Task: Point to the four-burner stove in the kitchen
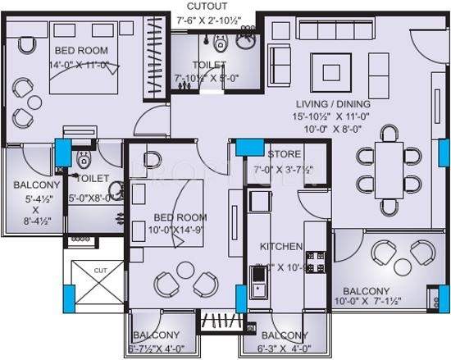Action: coord(315,263)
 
